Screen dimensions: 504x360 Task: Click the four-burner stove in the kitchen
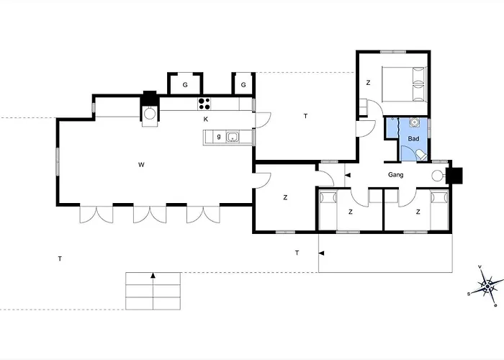tap(204, 104)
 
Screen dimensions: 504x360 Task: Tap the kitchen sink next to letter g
tap(232, 137)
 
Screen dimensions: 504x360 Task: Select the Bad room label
tap(413, 139)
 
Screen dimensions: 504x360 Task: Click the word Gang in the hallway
tap(396, 175)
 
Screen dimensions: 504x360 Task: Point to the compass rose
tap(487, 286)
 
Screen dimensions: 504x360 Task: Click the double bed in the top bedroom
tap(404, 84)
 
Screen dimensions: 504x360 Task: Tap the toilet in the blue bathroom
tap(421, 156)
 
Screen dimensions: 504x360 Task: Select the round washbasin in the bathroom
tap(414, 122)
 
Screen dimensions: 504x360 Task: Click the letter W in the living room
tap(141, 165)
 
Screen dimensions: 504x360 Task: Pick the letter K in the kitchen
tap(206, 120)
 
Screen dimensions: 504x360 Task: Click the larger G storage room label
tap(185, 85)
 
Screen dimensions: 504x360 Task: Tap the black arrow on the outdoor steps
tap(153, 275)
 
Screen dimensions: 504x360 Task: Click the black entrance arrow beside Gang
tap(348, 175)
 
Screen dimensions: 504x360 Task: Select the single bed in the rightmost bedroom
tap(439, 210)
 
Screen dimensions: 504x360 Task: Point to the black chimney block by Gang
tap(454, 176)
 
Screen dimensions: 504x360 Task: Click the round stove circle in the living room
tap(150, 114)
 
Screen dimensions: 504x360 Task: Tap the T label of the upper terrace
tap(305, 116)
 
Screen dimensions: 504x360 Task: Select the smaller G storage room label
tap(243, 85)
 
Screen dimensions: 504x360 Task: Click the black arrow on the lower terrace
tap(321, 253)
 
